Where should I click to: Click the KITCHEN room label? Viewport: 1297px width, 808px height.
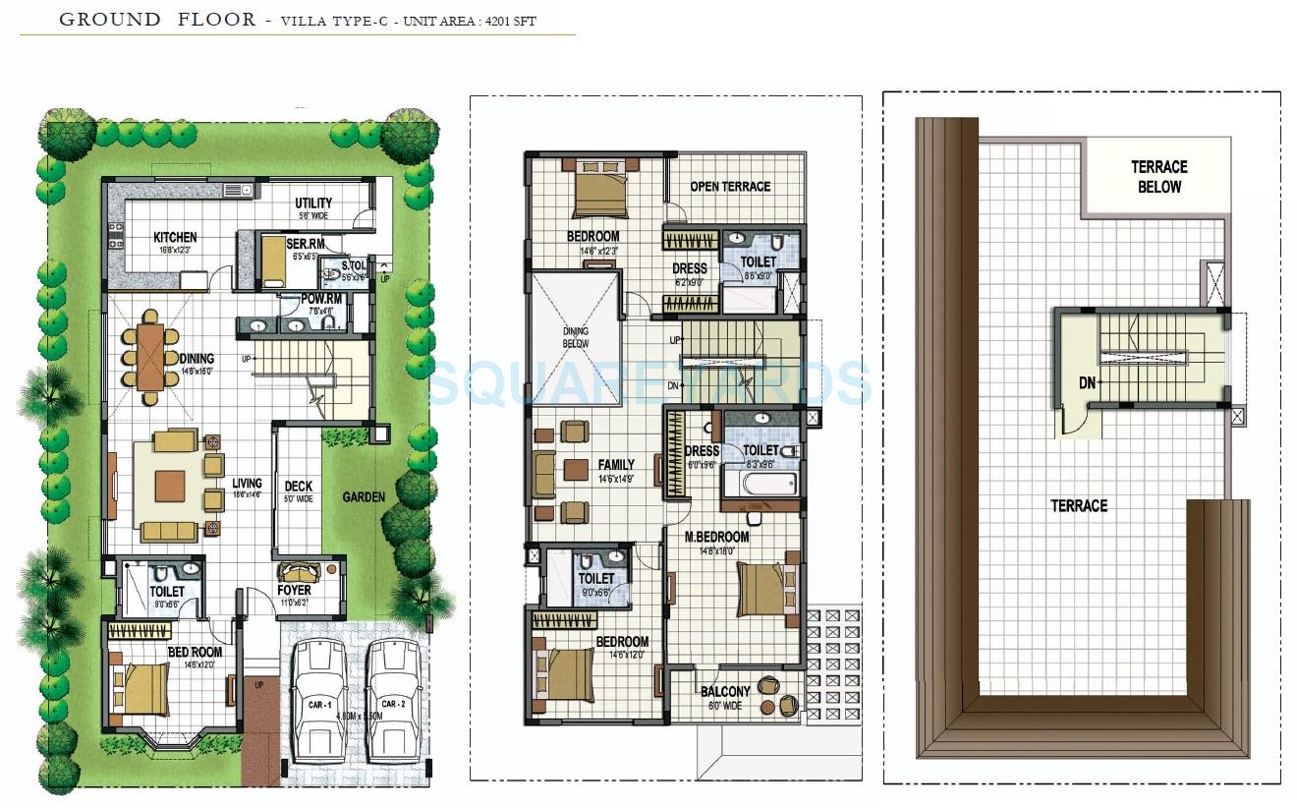[x=175, y=237]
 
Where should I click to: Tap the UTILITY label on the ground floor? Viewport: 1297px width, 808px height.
[x=313, y=203]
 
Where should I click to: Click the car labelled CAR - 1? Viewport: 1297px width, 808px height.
[x=317, y=698]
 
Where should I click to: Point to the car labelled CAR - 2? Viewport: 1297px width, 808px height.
[x=392, y=698]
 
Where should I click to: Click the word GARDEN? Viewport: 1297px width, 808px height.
[x=364, y=497]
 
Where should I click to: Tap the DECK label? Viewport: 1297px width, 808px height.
[x=299, y=487]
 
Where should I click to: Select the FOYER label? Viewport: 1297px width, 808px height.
[x=294, y=591]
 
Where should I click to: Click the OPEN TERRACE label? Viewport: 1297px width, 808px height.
[x=730, y=187]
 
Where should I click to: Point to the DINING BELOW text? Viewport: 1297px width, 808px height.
[x=576, y=338]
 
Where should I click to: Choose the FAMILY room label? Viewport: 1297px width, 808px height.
[x=616, y=465]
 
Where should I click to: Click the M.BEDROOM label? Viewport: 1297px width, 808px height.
[x=716, y=537]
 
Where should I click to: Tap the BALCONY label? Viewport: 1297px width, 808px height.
[x=725, y=692]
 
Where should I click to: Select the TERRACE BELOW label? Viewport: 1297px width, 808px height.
[x=1159, y=177]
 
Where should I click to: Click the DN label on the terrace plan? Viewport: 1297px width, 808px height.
[x=1086, y=383]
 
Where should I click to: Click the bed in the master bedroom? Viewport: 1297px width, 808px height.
[x=761, y=589]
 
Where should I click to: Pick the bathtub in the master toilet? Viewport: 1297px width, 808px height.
[x=760, y=484]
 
